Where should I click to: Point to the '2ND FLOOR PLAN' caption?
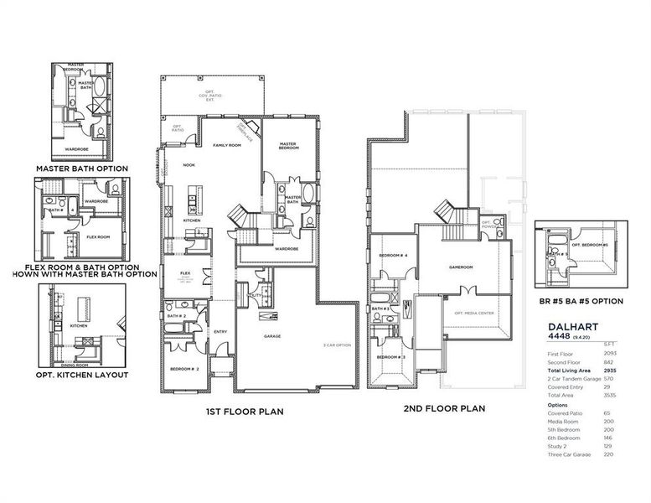444,408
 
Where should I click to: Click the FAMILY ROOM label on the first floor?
226,145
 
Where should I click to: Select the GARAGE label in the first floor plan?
272,336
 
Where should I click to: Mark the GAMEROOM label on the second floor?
460,267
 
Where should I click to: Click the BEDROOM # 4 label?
392,255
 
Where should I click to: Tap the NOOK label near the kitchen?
189,164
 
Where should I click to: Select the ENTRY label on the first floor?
220,330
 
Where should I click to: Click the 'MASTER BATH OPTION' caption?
81,169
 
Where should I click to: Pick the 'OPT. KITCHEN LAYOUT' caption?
81,374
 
